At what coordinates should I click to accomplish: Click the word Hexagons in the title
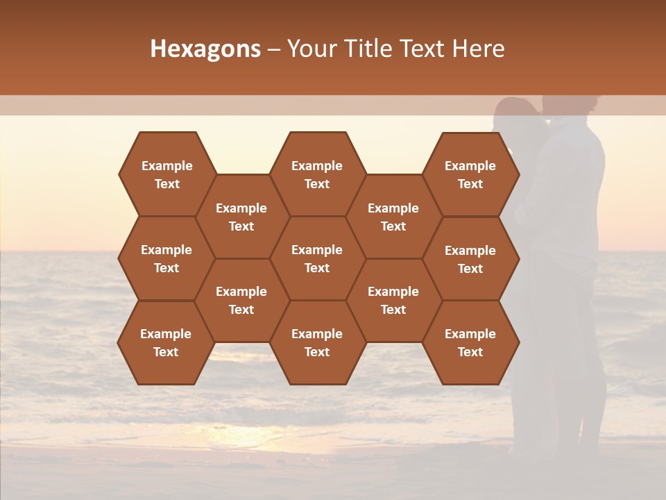pos(205,49)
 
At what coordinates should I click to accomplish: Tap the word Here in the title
pos(478,49)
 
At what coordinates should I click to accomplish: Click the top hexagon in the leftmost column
pos(166,174)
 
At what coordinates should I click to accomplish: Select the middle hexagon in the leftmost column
pos(166,258)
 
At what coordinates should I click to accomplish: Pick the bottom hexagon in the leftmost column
pos(166,342)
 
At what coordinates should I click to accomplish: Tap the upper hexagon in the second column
pos(241,217)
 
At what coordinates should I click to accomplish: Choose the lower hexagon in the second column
pos(241,300)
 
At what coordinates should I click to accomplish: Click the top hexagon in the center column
pos(317,174)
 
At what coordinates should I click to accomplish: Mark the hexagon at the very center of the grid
pos(317,258)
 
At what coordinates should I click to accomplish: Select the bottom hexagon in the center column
pos(317,342)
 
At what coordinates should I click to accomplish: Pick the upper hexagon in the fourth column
pos(393,217)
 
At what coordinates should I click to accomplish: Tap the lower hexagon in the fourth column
pos(393,300)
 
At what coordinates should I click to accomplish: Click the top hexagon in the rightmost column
pos(470,174)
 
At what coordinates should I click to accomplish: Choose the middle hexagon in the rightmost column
pos(470,259)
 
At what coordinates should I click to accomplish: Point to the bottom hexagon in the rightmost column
pos(470,342)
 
